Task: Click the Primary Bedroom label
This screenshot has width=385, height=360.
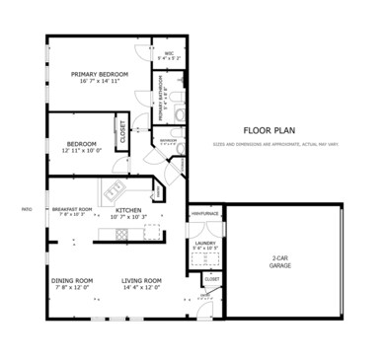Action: pyautogui.click(x=100, y=74)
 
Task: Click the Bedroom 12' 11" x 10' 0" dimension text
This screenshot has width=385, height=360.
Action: pyautogui.click(x=81, y=151)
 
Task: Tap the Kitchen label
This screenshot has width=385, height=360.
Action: pyautogui.click(x=129, y=210)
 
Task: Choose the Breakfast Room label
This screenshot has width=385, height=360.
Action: pyautogui.click(x=72, y=209)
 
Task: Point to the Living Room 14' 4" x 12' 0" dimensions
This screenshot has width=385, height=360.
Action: pyautogui.click(x=141, y=288)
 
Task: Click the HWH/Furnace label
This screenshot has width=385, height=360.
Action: pyautogui.click(x=204, y=213)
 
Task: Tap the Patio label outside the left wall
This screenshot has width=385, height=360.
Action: pyautogui.click(x=27, y=209)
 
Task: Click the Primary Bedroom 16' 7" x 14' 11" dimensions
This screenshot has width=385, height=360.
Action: pyautogui.click(x=100, y=83)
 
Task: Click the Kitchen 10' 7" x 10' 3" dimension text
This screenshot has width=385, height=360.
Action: pyautogui.click(x=129, y=217)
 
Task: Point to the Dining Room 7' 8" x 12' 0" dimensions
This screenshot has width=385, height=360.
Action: pyautogui.click(x=72, y=288)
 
